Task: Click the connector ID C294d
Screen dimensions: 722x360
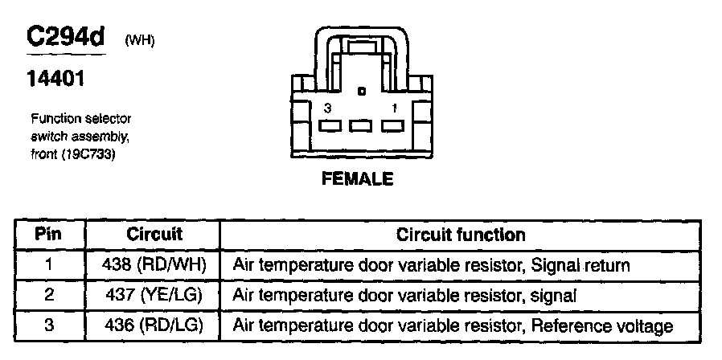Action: (x=68, y=37)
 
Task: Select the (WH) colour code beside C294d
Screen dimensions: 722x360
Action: (x=138, y=41)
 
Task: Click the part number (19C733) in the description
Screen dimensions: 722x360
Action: (x=87, y=155)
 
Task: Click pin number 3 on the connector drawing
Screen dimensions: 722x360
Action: (x=327, y=107)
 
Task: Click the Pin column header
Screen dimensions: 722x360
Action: (x=50, y=235)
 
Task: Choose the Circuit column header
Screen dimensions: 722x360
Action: (x=154, y=235)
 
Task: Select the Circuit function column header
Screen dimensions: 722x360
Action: (x=461, y=235)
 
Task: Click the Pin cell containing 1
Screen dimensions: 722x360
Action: (x=50, y=264)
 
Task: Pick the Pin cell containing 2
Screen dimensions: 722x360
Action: (x=50, y=295)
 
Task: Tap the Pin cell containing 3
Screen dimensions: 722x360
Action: (x=50, y=325)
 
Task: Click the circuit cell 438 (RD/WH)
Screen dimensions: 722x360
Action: (x=154, y=264)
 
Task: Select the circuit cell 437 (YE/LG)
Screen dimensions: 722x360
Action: (x=154, y=295)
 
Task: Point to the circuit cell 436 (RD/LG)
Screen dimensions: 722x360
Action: (x=154, y=325)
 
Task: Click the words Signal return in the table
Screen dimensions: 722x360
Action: (x=581, y=264)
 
